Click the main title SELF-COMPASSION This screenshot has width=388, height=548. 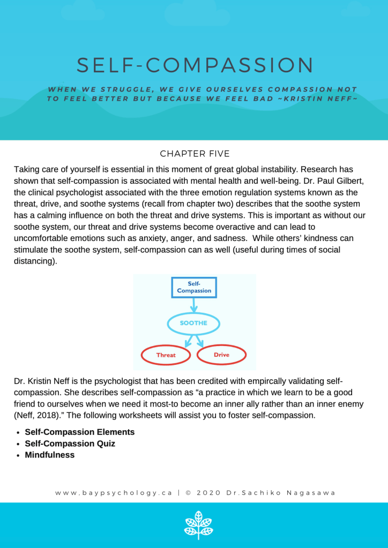195,65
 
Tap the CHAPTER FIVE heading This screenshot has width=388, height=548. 194,154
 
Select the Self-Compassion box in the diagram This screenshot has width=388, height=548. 194,287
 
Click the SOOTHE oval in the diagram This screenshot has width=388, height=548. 194,324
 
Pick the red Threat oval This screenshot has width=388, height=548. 166,355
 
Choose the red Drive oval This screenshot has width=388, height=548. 221,355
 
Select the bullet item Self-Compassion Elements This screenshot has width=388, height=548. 79,432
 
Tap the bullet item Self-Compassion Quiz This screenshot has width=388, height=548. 70,444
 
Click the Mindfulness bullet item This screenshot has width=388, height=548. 49,455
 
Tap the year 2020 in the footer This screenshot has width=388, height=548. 206,493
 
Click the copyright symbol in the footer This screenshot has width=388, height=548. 188,493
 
